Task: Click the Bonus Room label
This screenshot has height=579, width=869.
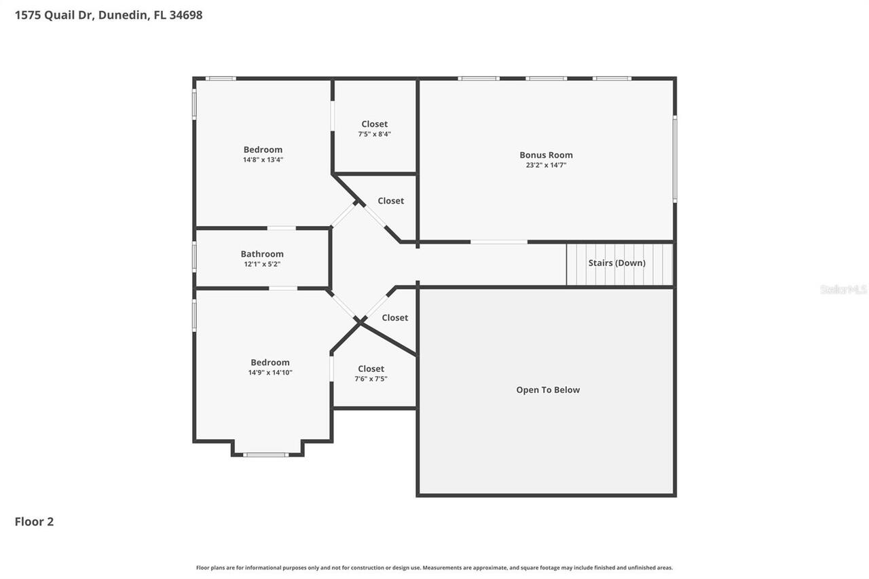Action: pyautogui.click(x=546, y=155)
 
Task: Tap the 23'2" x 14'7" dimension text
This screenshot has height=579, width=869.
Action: pyautogui.click(x=546, y=165)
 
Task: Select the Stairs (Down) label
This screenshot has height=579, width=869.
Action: pyautogui.click(x=616, y=263)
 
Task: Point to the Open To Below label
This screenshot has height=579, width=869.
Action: pyautogui.click(x=548, y=390)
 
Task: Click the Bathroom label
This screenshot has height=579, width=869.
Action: pyautogui.click(x=262, y=254)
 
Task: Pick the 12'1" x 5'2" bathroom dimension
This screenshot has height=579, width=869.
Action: pyautogui.click(x=262, y=264)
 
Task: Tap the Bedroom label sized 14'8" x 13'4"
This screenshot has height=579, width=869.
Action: pyautogui.click(x=263, y=149)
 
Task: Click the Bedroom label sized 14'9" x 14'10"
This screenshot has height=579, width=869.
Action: pyautogui.click(x=270, y=362)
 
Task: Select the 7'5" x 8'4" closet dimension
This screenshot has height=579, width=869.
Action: pyautogui.click(x=374, y=134)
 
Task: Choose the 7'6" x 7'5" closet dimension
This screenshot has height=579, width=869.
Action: pyautogui.click(x=371, y=379)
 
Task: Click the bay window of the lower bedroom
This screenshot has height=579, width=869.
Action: pyautogui.click(x=266, y=454)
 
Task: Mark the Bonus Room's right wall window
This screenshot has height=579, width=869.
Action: pyautogui.click(x=674, y=159)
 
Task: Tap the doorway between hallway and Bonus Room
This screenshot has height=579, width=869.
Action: pyautogui.click(x=498, y=242)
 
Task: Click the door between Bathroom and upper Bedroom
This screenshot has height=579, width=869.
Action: pyautogui.click(x=281, y=228)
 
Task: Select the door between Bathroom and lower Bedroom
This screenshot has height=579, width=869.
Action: pyautogui.click(x=282, y=288)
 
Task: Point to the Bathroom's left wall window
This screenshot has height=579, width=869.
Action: pyautogui.click(x=194, y=257)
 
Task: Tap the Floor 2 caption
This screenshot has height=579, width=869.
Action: pyautogui.click(x=34, y=521)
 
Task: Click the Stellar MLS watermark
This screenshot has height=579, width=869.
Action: pyautogui.click(x=843, y=289)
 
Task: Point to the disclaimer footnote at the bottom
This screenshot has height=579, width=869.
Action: pyautogui.click(x=434, y=567)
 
